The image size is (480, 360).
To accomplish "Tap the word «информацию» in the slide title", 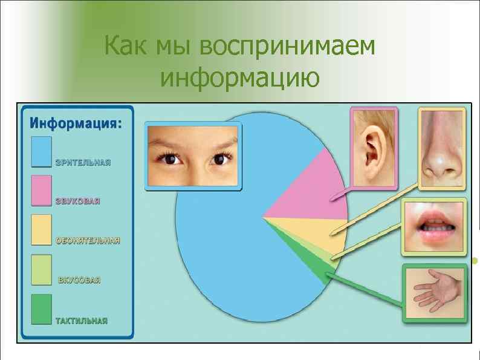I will (240, 77).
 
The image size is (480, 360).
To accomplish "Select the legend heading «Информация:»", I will (76, 123).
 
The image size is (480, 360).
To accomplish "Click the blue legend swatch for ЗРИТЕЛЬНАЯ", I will (41, 151).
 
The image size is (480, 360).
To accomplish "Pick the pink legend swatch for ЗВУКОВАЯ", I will (41, 191).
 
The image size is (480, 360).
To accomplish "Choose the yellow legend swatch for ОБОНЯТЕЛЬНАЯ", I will (41, 230).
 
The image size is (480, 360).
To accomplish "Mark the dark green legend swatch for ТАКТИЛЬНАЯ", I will (41, 309).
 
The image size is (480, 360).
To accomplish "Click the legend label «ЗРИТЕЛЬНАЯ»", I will (83, 163).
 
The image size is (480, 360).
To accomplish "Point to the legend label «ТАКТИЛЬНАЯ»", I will (82, 321).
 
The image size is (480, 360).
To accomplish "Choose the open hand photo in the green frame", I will (434, 293).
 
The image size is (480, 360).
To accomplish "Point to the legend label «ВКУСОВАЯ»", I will (79, 281).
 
